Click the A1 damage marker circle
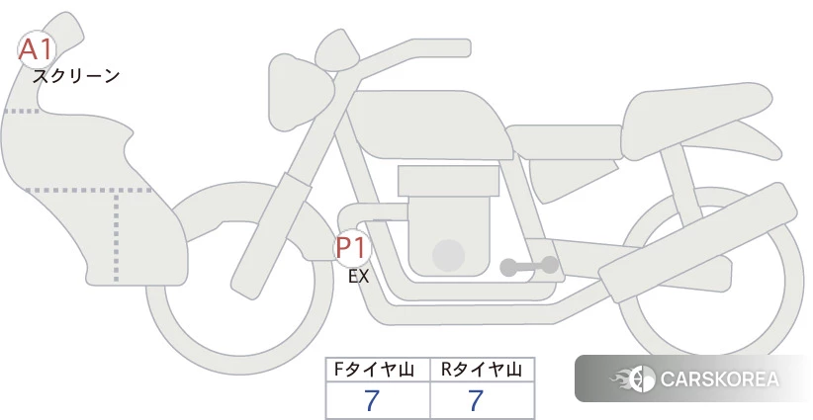(x=37, y=49)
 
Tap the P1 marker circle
(x=353, y=249)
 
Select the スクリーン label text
(x=76, y=76)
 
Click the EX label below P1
(x=358, y=277)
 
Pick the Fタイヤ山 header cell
(x=378, y=370)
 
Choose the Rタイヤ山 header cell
(x=483, y=370)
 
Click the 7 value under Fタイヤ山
(x=372, y=400)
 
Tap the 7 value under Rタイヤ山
(x=476, y=400)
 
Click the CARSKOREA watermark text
(x=720, y=379)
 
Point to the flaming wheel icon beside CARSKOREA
(x=633, y=379)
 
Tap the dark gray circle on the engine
(x=448, y=255)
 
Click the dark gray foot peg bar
(x=529, y=266)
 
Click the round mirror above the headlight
(x=337, y=50)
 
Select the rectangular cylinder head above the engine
(x=448, y=181)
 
